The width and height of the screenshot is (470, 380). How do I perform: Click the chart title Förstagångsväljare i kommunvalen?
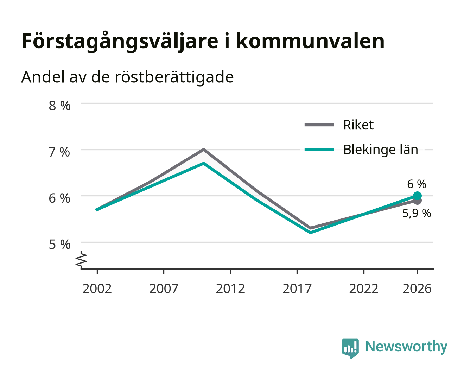point(203,41)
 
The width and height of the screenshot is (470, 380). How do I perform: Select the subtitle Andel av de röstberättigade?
point(127,77)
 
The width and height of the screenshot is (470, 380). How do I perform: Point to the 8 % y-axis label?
point(59,106)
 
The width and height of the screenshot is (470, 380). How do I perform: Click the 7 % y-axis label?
point(59,152)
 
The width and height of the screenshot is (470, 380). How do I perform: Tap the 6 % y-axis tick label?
point(59,198)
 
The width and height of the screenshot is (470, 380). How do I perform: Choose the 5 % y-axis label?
point(59,245)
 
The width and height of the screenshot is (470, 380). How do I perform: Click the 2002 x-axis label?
point(97,289)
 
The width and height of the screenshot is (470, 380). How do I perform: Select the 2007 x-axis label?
point(164,289)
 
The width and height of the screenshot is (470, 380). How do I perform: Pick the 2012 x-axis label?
point(230,289)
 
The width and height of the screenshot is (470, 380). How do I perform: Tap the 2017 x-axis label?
point(297,289)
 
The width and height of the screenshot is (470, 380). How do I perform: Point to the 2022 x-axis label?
point(364,289)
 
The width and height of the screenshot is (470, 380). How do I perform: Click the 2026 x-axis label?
point(417,289)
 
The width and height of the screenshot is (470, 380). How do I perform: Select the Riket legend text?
point(358,125)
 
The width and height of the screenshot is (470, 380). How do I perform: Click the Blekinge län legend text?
point(381,150)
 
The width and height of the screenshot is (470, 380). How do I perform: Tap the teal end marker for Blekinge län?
point(417,196)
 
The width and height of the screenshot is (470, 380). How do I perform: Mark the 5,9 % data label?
point(417,213)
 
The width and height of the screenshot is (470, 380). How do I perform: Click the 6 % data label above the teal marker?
point(417,184)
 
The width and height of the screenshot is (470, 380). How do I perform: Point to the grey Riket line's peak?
point(203,150)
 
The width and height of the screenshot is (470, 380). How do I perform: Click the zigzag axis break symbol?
point(81,260)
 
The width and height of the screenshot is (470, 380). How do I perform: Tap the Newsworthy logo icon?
point(350,348)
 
